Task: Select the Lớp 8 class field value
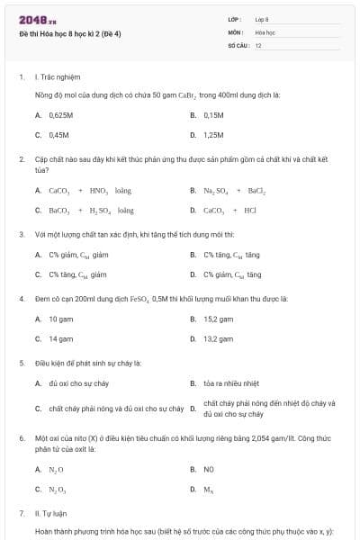click(262, 19)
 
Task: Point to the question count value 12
click(258, 44)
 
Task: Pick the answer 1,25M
click(213, 135)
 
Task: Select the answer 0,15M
click(213, 115)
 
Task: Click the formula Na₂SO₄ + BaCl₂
click(234, 191)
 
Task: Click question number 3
click(22, 234)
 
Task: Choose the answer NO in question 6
click(208, 469)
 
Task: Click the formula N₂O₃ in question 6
click(57, 489)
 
